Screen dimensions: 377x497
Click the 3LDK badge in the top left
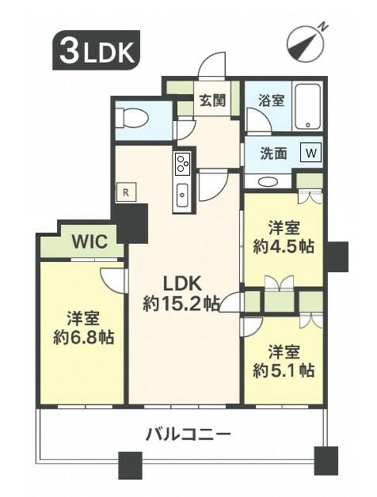[x=96, y=50]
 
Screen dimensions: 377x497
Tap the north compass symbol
[x=306, y=43]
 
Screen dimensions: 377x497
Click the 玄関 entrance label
[x=212, y=101]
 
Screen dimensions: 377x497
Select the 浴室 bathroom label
[x=271, y=101]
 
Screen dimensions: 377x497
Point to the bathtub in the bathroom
[x=307, y=106]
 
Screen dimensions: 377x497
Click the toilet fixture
[x=131, y=119]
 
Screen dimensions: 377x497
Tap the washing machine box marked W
[x=311, y=153]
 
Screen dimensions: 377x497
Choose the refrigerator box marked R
[x=126, y=192]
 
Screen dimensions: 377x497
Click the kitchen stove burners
[x=183, y=163]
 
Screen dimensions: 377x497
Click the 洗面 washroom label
[x=273, y=154]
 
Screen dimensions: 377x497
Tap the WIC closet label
[x=89, y=242]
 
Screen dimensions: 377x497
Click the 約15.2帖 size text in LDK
[x=181, y=304]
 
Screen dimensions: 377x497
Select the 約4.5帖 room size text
[x=284, y=246]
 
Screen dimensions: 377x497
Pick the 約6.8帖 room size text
[x=83, y=337]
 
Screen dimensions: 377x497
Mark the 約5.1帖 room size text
[x=284, y=370]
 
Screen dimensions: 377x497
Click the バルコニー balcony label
[x=188, y=434]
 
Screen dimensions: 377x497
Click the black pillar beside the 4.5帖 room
[x=337, y=256]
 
